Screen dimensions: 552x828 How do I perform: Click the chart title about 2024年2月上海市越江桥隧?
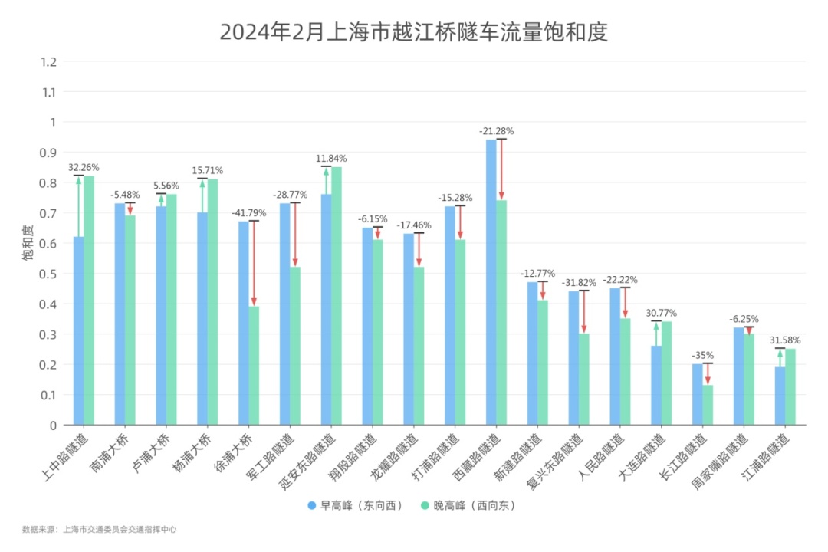pyautogui.click(x=413, y=32)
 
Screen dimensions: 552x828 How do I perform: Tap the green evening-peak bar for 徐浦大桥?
pyautogui.click(x=254, y=365)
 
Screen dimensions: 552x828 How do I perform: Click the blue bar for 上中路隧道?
pyautogui.click(x=78, y=330)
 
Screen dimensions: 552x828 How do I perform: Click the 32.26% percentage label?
pyautogui.click(x=84, y=167)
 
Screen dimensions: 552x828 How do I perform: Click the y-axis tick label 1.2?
pyautogui.click(x=50, y=61)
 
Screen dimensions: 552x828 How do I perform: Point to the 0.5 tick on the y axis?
pyautogui.click(x=50, y=274)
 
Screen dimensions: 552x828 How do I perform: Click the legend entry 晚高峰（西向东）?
pyautogui.click(x=468, y=505)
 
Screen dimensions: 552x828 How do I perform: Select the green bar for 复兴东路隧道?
pyautogui.click(x=583, y=379)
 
